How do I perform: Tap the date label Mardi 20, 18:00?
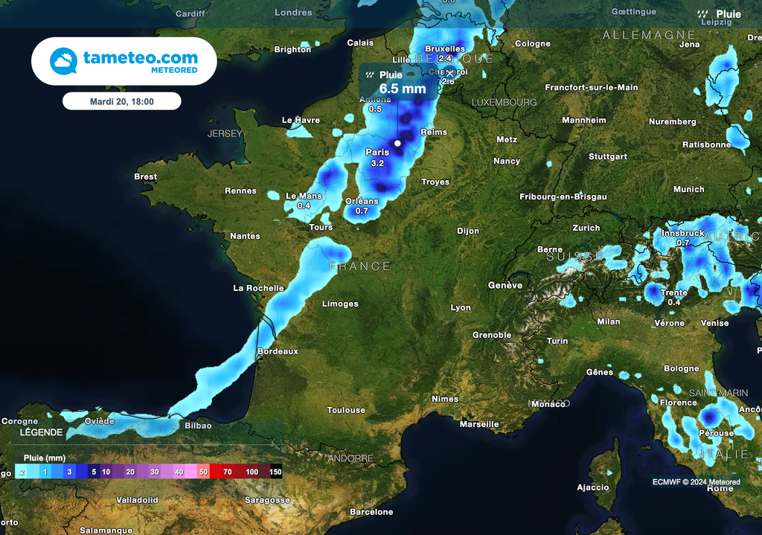point(121,101)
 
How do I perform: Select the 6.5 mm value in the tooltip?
point(403,89)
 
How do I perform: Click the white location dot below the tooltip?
point(397,143)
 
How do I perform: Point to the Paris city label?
point(377,153)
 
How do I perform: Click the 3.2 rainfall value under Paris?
point(377,163)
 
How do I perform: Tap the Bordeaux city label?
point(278,351)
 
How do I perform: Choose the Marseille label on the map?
point(479,424)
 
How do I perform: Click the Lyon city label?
point(461,307)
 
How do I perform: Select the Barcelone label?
point(371,512)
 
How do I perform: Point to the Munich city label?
point(688,190)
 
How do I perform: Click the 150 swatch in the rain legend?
point(275,472)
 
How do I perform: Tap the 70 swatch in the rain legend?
point(227,472)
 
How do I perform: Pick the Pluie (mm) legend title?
point(45,458)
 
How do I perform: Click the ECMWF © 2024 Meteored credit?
point(697,482)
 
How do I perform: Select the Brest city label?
point(145,177)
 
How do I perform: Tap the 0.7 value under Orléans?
point(362,211)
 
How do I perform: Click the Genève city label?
point(505,286)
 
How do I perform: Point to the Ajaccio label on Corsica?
point(593,488)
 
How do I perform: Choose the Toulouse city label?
point(346,410)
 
